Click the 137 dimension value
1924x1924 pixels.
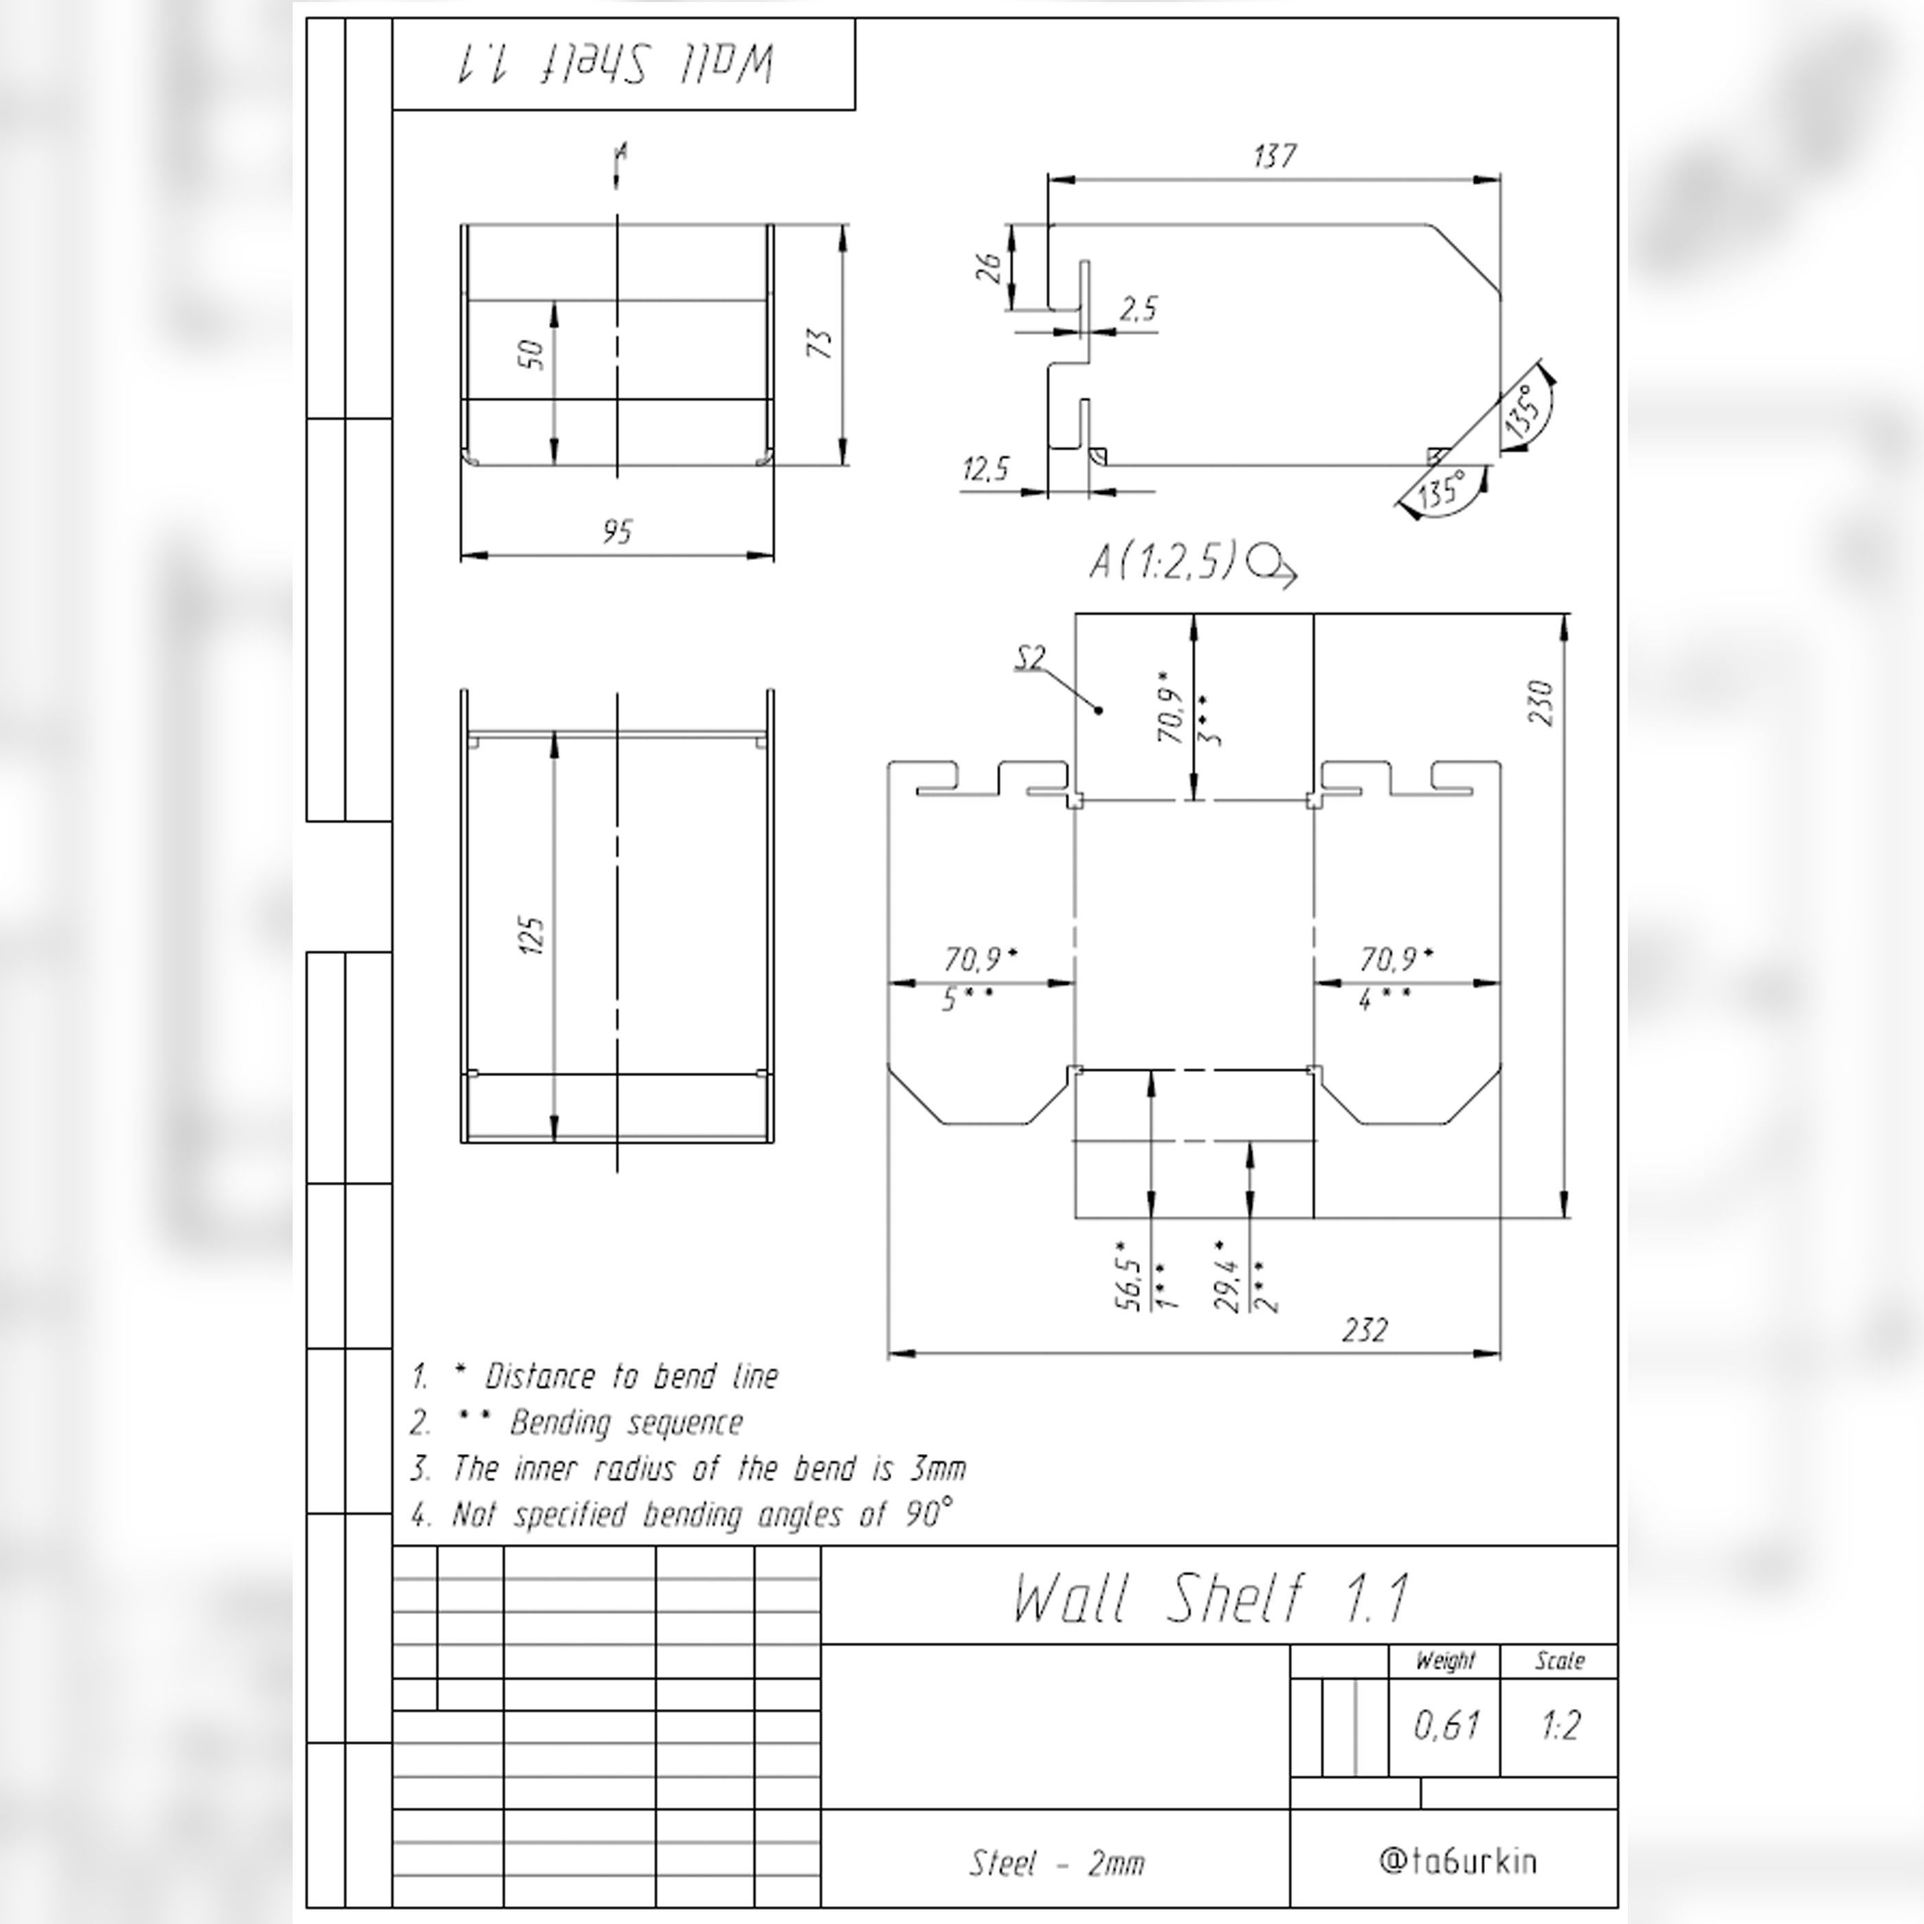coord(1274,157)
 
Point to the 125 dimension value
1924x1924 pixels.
coord(532,936)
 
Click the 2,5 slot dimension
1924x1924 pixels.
coord(1139,310)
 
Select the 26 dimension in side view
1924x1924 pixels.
coord(990,267)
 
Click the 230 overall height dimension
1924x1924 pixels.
coord(1541,702)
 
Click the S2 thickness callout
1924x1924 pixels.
coord(1031,658)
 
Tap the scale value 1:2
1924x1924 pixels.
coord(1560,1725)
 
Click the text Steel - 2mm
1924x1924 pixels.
coord(1057,1862)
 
